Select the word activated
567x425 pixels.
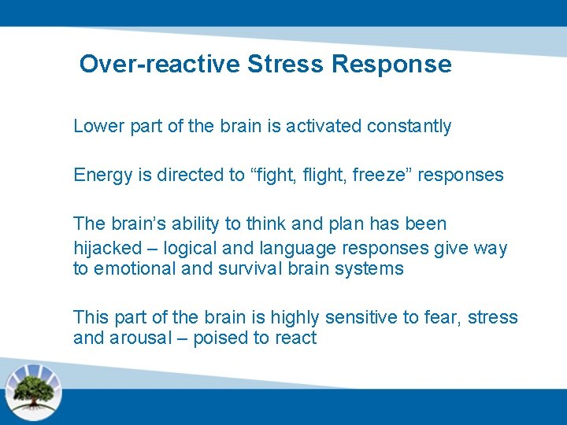pos(324,127)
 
